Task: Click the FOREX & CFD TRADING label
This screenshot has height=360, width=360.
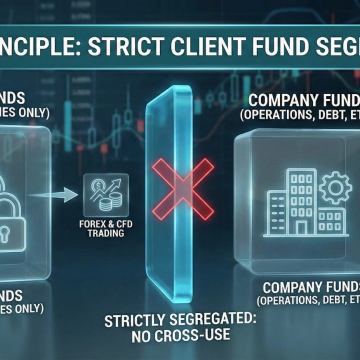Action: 104,227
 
